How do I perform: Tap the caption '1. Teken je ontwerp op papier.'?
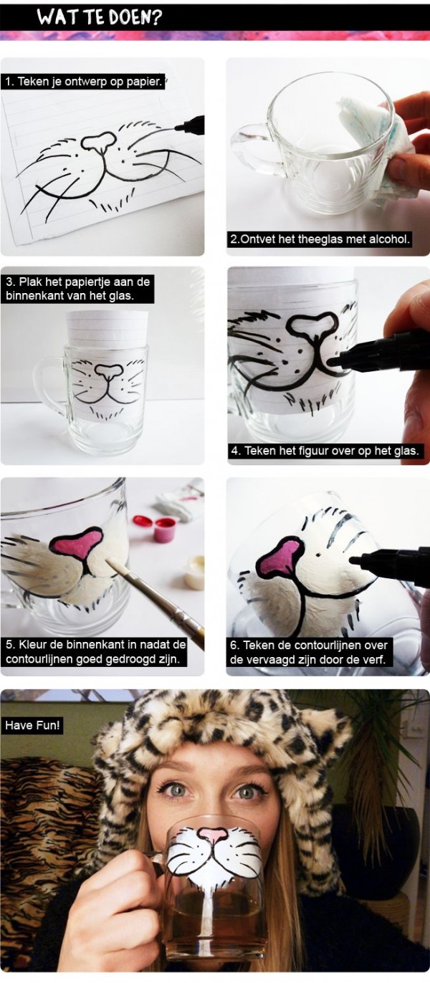[85, 82]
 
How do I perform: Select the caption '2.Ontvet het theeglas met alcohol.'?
[320, 239]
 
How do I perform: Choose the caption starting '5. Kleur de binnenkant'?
[95, 651]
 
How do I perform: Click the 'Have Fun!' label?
[33, 725]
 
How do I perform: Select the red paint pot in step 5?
[164, 529]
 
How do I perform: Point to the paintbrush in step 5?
[154, 600]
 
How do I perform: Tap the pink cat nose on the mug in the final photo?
[213, 834]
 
